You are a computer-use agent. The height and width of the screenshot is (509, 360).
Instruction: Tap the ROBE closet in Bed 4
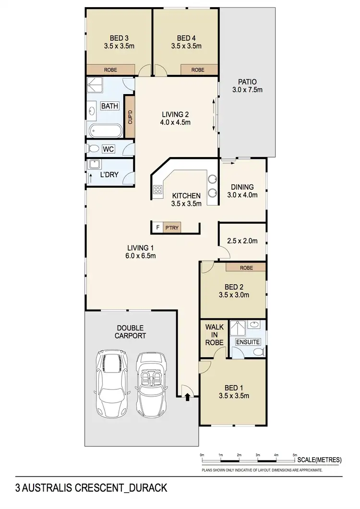point(198,70)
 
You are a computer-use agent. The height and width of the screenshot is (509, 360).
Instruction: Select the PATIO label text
point(248,82)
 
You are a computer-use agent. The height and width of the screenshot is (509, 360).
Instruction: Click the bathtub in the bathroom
point(106,130)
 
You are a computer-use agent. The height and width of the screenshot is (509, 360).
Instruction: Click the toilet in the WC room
point(94,149)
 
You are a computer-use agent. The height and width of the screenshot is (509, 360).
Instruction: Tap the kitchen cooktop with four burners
point(157,190)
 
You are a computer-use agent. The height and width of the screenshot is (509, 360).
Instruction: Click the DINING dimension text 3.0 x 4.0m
point(242,195)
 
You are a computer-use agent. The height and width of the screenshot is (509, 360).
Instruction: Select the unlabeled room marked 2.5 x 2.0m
point(242,241)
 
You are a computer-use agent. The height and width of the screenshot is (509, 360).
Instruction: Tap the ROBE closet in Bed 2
point(246,267)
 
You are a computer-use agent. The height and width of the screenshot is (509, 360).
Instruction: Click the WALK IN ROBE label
point(215,335)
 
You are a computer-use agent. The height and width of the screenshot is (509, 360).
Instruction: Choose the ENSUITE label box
point(248,342)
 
